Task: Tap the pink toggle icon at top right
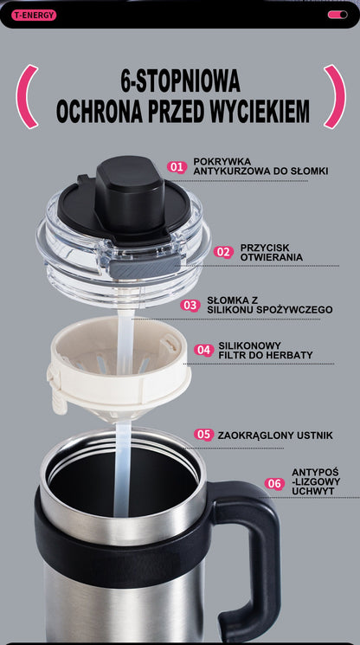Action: (337, 15)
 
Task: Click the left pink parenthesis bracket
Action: (28, 96)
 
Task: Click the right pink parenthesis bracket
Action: (334, 96)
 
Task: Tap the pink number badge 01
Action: (177, 166)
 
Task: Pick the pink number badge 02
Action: (224, 252)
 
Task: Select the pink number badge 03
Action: (190, 305)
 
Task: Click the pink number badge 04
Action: (203, 350)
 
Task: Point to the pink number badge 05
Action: (203, 435)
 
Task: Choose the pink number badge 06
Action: (274, 484)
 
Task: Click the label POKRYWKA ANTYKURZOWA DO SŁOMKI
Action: (260, 166)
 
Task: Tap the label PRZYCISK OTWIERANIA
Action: (271, 252)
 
